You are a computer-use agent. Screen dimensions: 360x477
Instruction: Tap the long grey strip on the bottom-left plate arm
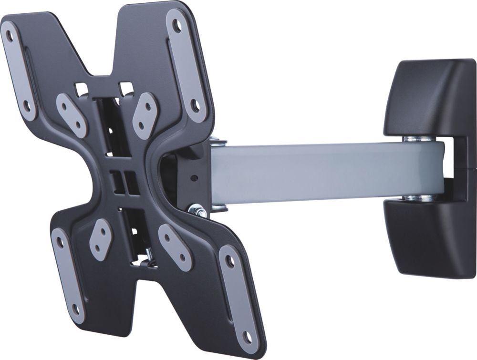pyautogui.click(x=67, y=274)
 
